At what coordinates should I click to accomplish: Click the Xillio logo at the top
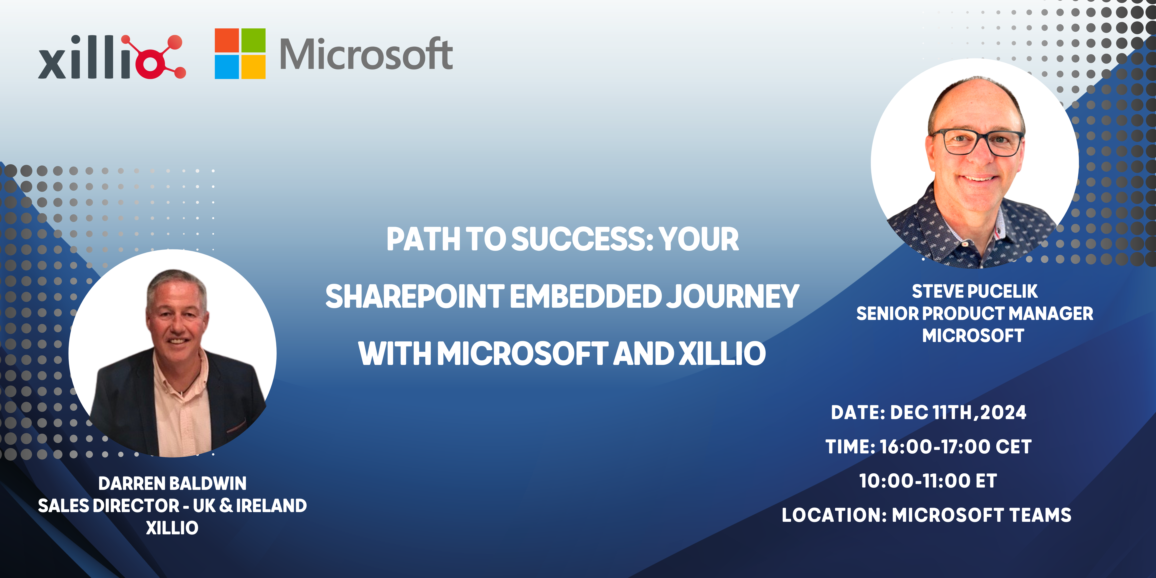pos(111,57)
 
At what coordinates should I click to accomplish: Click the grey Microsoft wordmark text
pos(366,55)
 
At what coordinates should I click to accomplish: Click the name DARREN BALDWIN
pos(172,484)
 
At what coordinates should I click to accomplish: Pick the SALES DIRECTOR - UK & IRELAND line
pos(172,506)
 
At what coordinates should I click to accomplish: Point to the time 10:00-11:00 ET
pos(928,481)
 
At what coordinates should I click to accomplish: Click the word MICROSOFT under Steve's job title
pos(973,336)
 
